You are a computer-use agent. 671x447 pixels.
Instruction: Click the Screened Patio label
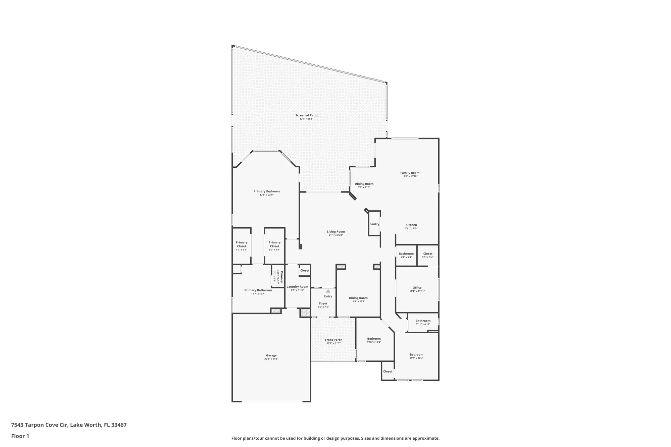(306, 115)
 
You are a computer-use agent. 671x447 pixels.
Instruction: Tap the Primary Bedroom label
(266, 191)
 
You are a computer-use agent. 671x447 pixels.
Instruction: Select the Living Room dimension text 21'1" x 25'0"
(336, 235)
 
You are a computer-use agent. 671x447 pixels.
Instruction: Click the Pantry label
(374, 224)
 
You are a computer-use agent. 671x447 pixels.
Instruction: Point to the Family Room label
(410, 173)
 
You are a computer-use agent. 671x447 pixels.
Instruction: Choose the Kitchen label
(411, 225)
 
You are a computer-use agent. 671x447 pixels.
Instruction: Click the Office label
(417, 288)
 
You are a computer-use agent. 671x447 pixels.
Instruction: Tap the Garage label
(271, 355)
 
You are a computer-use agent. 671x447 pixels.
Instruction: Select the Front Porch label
(333, 340)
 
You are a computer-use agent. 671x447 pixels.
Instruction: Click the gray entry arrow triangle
(328, 291)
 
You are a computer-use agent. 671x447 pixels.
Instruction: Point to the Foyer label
(323, 303)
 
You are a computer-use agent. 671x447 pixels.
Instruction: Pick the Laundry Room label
(297, 287)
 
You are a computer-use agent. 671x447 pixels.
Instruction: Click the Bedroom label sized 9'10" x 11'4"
(374, 339)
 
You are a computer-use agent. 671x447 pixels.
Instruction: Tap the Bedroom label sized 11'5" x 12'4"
(416, 354)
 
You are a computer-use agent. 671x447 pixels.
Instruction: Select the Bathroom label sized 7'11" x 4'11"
(423, 321)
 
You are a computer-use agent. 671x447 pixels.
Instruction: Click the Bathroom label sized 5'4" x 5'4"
(406, 254)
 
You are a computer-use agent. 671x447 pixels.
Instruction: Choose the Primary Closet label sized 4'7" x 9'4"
(242, 244)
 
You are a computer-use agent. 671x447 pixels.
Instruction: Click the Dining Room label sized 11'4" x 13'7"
(358, 298)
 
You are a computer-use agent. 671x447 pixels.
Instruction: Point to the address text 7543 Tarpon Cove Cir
(40, 425)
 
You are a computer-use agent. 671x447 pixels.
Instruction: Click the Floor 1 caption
(20, 436)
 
